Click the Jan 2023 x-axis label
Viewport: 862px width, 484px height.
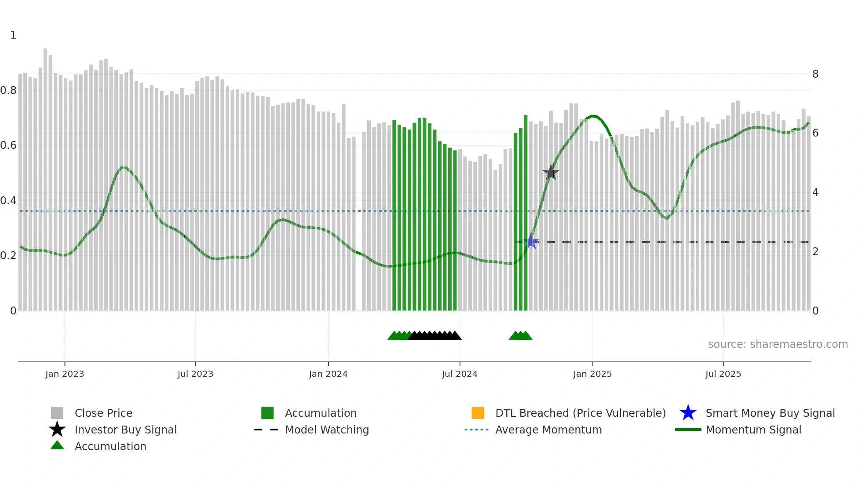(x=65, y=374)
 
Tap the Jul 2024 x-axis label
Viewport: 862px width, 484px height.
(x=460, y=374)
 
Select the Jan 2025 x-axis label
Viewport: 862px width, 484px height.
(x=592, y=374)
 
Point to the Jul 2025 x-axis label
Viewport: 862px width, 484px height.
(x=723, y=374)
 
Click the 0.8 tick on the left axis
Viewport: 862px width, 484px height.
(x=8, y=90)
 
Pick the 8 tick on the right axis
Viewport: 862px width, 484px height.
(x=815, y=74)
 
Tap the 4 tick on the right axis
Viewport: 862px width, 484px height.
(x=815, y=192)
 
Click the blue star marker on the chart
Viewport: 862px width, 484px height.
(x=531, y=241)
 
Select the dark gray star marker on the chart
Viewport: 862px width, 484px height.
(x=551, y=173)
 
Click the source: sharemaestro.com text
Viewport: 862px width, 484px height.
(x=778, y=344)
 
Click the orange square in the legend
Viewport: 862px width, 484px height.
(x=478, y=413)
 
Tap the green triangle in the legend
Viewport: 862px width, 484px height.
(x=57, y=445)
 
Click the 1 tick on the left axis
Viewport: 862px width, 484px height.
(x=13, y=35)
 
